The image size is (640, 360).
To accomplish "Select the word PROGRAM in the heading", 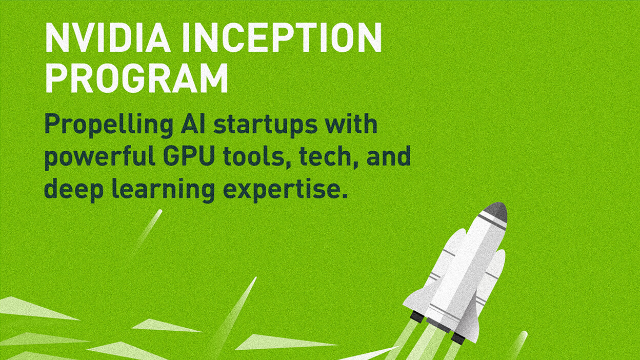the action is pos(136,78).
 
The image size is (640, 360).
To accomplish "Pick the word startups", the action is pos(266,126).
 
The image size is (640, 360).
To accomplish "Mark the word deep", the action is pos(74,190).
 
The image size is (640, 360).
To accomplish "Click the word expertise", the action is pos(282,190).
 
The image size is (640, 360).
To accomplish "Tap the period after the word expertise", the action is pos(344,195).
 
